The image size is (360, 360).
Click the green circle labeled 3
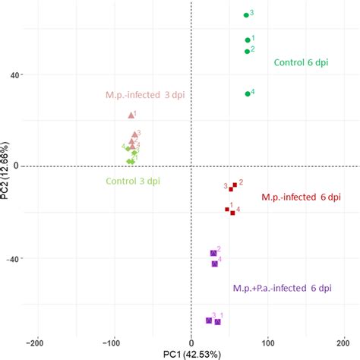coord(245,14)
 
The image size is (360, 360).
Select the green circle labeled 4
coord(248,93)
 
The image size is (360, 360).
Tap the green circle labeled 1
coord(247,40)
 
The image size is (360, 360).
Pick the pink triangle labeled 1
coord(131,115)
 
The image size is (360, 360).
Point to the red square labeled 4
coord(232,213)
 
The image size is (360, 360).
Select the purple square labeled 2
coord(213,253)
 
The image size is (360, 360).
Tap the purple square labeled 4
coord(214,264)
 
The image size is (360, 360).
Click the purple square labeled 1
coord(217,322)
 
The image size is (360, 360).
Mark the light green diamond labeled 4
coord(128,149)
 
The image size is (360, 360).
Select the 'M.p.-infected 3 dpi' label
coord(144,96)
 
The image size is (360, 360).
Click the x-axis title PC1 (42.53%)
coord(191,353)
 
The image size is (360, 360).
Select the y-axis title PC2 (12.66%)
coord(7,170)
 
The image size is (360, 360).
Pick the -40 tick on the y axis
coord(11,258)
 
